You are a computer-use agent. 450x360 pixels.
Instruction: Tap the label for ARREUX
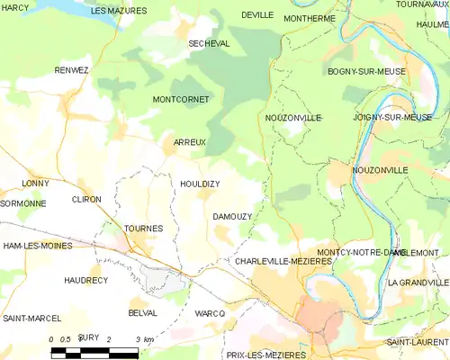pyautogui.click(x=190, y=142)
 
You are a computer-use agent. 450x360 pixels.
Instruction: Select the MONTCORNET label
pyautogui.click(x=181, y=99)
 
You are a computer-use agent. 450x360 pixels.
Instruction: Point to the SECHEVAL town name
pyautogui.click(x=209, y=43)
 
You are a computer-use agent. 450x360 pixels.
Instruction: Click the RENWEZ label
pyautogui.click(x=72, y=70)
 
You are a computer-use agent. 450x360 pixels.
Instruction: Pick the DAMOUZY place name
pyautogui.click(x=231, y=217)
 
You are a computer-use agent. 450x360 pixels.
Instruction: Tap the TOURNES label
pyautogui.click(x=143, y=229)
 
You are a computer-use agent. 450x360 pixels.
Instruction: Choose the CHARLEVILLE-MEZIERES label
pyautogui.click(x=283, y=261)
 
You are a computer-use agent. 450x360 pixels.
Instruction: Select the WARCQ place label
pyautogui.click(x=210, y=312)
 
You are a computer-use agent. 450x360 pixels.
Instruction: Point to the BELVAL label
pyautogui.click(x=143, y=312)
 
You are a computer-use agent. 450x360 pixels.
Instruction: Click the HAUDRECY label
pyautogui.click(x=85, y=281)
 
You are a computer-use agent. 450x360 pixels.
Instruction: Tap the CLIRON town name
pyautogui.click(x=86, y=200)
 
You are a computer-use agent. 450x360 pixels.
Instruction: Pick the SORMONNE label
pyautogui.click(x=23, y=203)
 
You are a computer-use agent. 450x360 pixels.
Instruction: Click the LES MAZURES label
pyautogui.click(x=119, y=10)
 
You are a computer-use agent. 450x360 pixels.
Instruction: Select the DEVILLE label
pyautogui.click(x=257, y=15)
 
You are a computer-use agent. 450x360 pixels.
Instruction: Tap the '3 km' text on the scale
pyautogui.click(x=144, y=338)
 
